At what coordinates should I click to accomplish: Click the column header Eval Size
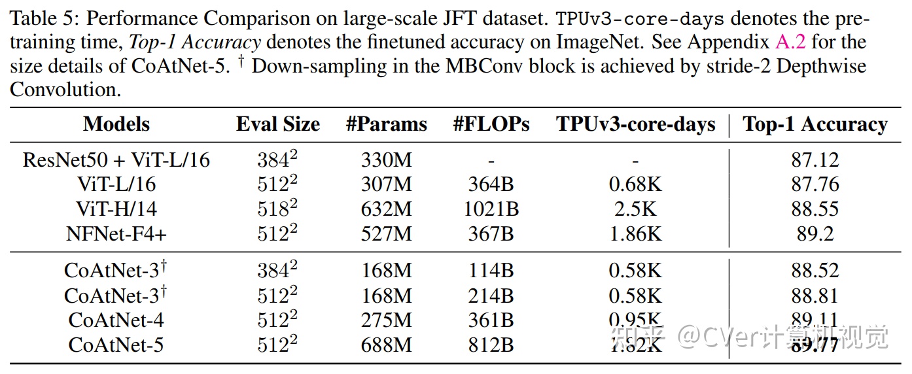click(x=278, y=124)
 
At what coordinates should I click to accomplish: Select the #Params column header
click(x=386, y=124)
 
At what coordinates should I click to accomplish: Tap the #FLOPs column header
click(x=491, y=124)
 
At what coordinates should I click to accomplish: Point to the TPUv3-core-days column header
click(x=635, y=124)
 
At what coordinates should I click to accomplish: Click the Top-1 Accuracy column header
click(x=815, y=124)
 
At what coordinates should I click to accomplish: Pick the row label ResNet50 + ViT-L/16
click(x=116, y=160)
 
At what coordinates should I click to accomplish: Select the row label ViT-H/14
click(x=116, y=209)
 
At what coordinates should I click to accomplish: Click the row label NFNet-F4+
click(x=116, y=234)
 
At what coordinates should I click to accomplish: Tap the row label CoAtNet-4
click(x=116, y=320)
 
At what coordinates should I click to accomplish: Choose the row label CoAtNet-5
click(x=116, y=345)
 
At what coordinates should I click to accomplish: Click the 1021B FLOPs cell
click(x=491, y=209)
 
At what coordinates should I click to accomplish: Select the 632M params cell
click(x=386, y=209)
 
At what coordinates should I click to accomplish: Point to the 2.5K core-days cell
click(x=635, y=209)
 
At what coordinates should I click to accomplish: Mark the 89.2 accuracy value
click(x=815, y=234)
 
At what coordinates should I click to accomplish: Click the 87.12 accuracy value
click(x=815, y=160)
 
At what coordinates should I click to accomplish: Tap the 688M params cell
click(x=386, y=345)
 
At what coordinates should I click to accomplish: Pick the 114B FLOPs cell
click(x=491, y=271)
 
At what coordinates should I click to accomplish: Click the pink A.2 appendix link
click(x=790, y=42)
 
